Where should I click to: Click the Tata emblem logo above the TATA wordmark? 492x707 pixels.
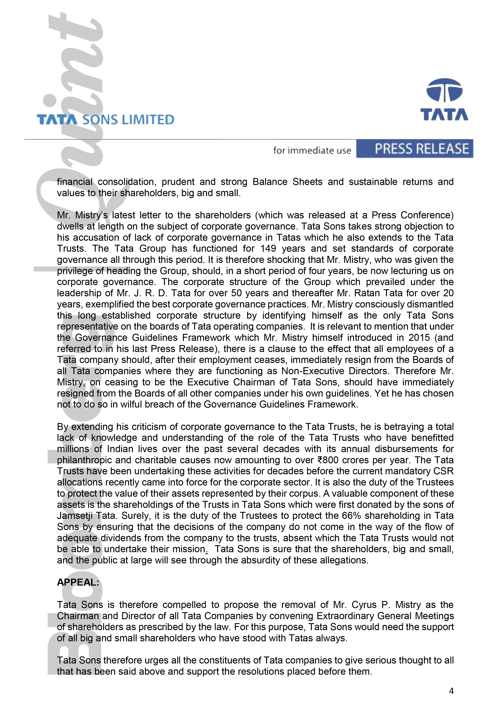click(x=444, y=90)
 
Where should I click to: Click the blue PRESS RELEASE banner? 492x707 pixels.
click(x=415, y=149)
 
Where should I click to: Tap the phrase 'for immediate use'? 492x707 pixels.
click(x=312, y=150)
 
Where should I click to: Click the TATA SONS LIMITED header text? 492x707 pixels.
click(x=105, y=120)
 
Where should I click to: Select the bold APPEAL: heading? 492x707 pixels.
click(x=78, y=582)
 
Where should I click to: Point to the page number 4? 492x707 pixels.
click(x=451, y=691)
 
